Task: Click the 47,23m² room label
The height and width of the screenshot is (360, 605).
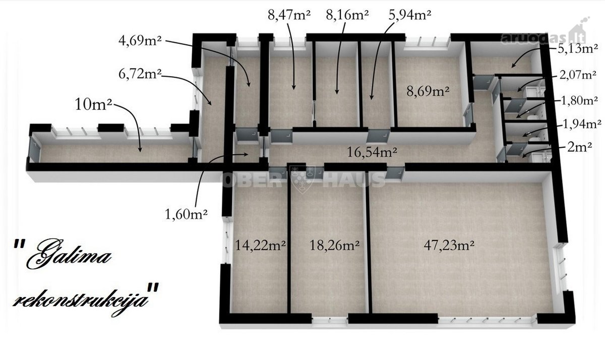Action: pos(449,245)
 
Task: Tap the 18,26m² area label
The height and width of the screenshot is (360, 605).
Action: pos(334,245)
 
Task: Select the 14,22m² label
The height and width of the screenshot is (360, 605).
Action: pos(260,245)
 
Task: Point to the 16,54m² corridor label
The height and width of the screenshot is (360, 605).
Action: pos(372,152)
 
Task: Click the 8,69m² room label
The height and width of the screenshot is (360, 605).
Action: pos(428,91)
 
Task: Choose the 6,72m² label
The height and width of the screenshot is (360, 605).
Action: pos(140,74)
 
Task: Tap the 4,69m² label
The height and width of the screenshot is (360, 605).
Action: pos(140,40)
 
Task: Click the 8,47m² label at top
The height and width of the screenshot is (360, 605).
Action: pos(289,15)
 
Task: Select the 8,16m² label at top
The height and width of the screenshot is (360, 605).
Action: pos(347,15)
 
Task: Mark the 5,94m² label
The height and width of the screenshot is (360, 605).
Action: pos(409,15)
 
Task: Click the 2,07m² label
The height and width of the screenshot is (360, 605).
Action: pos(578,75)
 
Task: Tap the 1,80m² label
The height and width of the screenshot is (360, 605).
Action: pos(579,100)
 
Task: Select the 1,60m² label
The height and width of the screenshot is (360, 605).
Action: pos(186,214)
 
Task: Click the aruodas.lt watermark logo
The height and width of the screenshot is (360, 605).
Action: pos(543,35)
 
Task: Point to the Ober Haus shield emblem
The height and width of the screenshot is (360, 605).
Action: pos(302,179)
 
